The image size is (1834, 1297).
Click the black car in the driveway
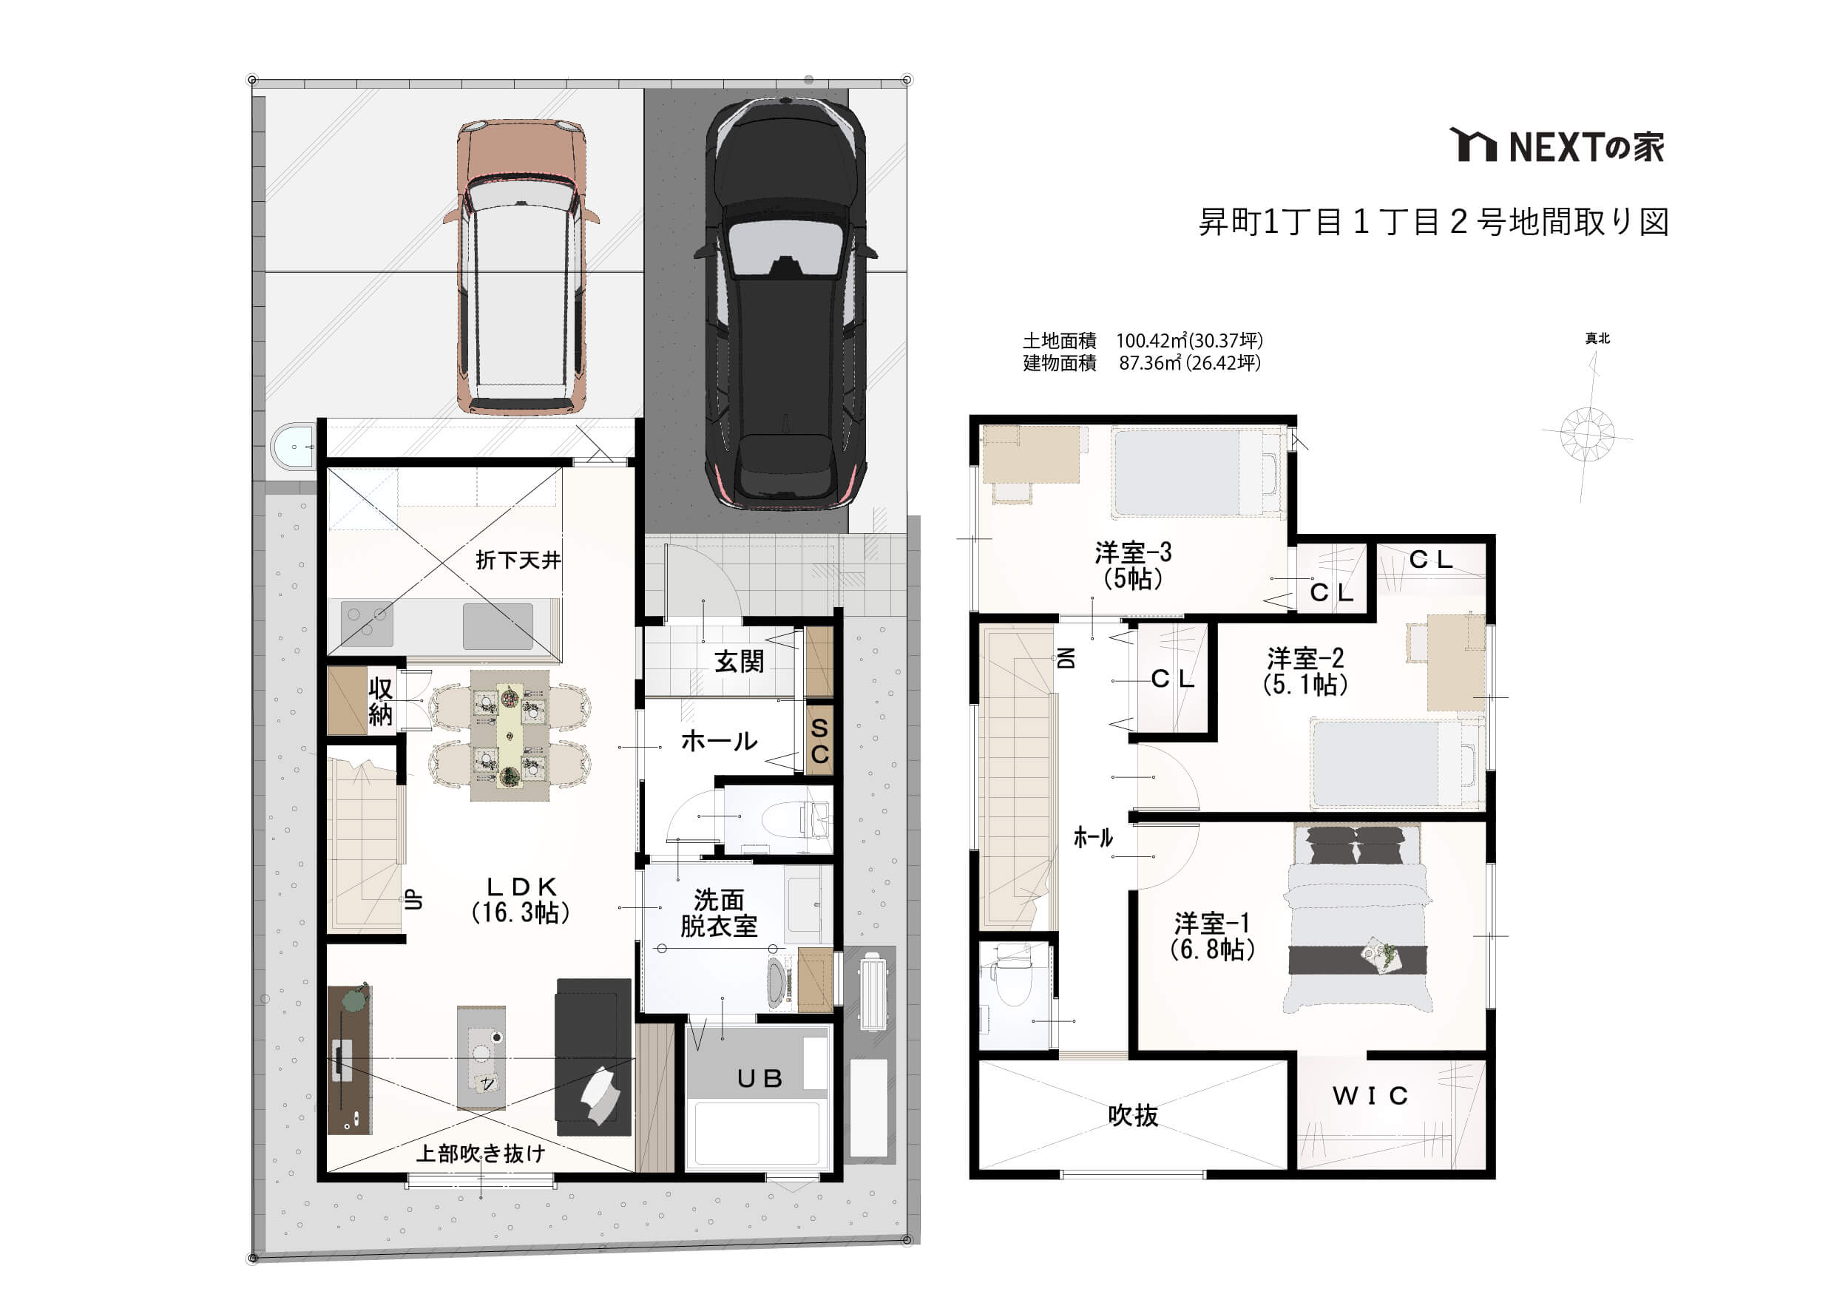786,303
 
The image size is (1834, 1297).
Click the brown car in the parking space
521,267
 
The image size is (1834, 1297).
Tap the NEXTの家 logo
1557,146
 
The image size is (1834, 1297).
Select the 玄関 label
739,661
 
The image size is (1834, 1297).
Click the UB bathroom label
759,1079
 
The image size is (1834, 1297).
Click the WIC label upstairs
1370,1096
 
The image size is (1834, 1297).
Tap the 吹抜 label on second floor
1133,1116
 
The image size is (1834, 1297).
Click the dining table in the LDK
510,735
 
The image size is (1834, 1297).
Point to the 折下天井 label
518,561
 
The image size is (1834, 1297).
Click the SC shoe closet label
819,741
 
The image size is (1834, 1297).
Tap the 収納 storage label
380,701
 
